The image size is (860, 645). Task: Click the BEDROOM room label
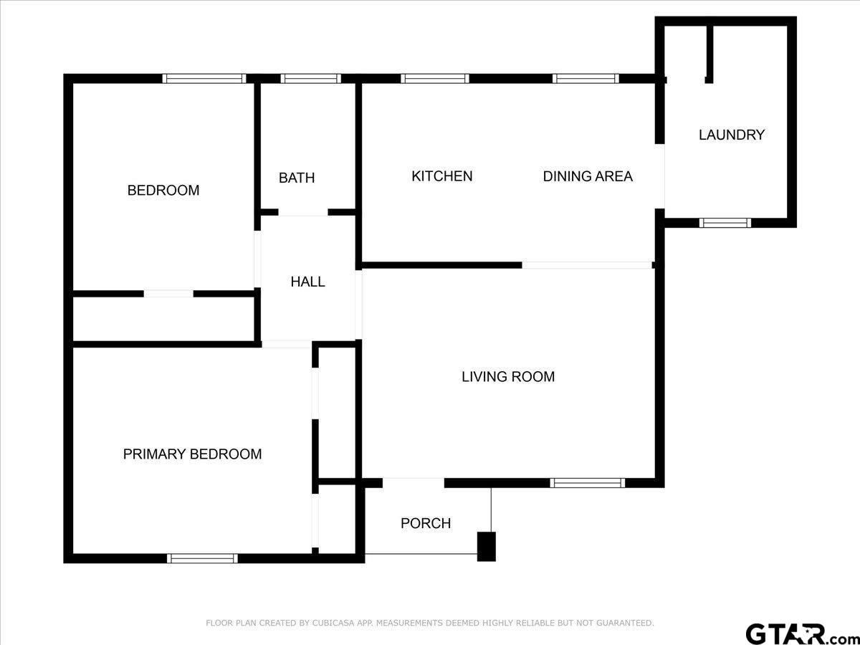163,191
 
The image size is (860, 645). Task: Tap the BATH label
297,178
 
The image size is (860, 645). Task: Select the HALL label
307,282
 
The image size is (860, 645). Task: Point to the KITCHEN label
442,176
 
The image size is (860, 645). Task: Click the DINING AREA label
588,176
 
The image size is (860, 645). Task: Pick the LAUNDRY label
732,135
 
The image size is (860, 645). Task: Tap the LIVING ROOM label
508,377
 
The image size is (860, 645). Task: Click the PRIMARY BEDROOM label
192,454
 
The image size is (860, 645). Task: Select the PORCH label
426,523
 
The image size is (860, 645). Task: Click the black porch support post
486,546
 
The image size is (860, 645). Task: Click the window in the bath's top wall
311,78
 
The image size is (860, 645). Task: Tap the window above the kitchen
435,78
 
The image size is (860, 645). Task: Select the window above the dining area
586,78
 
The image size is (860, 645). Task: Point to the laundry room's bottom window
725,223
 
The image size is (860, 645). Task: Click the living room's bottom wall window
588,483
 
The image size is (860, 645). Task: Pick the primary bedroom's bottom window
202,558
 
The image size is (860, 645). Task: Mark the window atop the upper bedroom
204,78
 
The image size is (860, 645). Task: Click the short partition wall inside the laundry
709,54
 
